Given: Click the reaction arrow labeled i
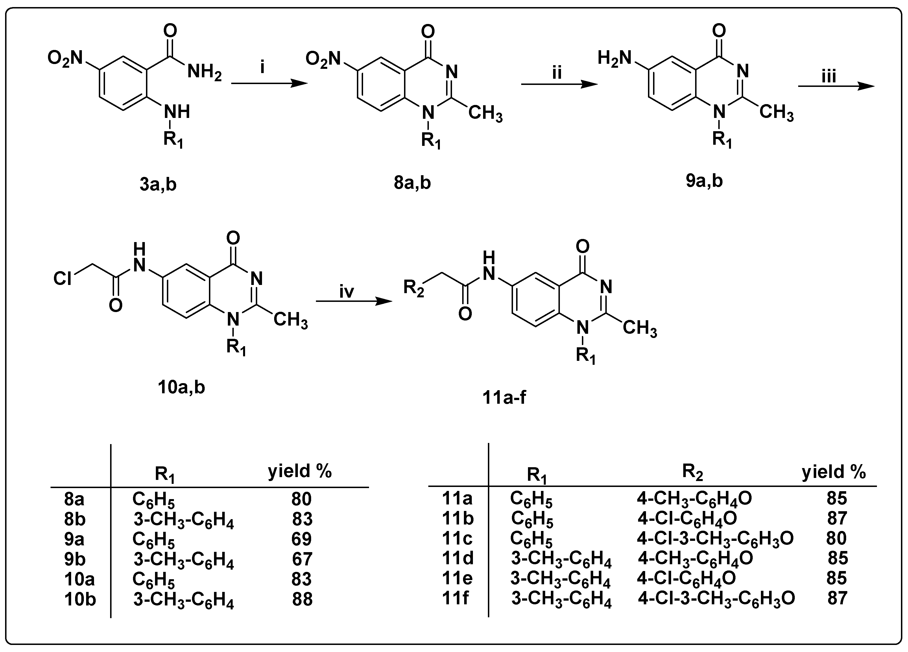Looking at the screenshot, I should click(x=269, y=83).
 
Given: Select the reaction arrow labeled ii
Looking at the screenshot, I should click(x=559, y=84).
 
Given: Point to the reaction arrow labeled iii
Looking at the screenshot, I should click(x=836, y=86).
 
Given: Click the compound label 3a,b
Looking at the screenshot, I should click(x=158, y=185).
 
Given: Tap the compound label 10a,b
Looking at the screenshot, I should click(x=181, y=387).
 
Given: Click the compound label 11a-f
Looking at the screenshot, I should click(x=504, y=397).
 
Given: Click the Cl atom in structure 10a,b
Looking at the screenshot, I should click(x=62, y=278).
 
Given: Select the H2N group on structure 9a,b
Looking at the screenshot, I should click(x=614, y=58).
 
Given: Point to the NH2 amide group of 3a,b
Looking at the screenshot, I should click(x=204, y=73).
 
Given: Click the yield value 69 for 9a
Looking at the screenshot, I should click(x=302, y=539).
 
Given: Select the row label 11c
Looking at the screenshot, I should click(x=457, y=538).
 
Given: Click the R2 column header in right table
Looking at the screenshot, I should click(x=693, y=472).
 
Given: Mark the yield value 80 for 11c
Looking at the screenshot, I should click(x=836, y=538).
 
